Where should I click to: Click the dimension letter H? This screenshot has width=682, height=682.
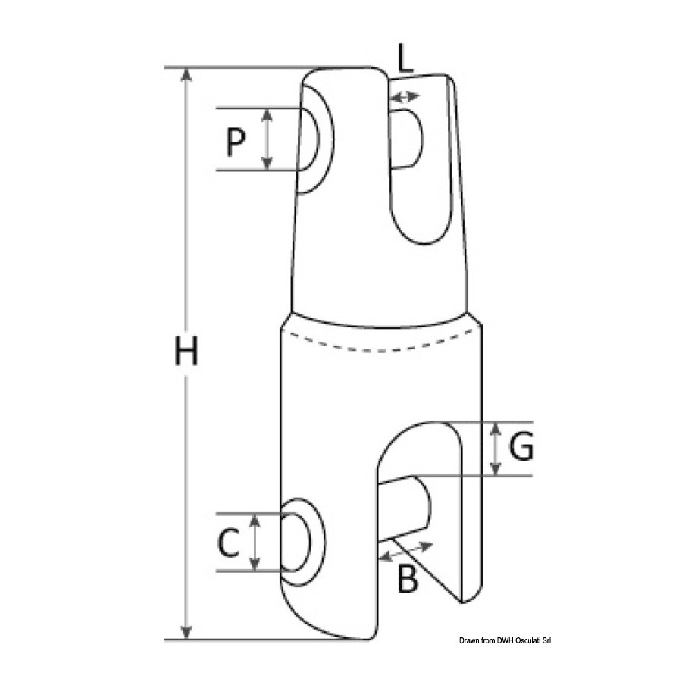186,351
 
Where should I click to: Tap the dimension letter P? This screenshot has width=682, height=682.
236,142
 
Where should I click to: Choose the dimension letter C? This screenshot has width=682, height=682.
228,543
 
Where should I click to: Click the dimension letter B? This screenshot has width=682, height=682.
408,578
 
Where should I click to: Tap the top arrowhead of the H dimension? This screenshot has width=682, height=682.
186,74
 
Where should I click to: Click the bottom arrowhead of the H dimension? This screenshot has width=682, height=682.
186,633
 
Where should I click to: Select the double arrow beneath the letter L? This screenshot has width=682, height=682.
405,96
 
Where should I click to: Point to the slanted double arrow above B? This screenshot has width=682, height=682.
406,551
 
